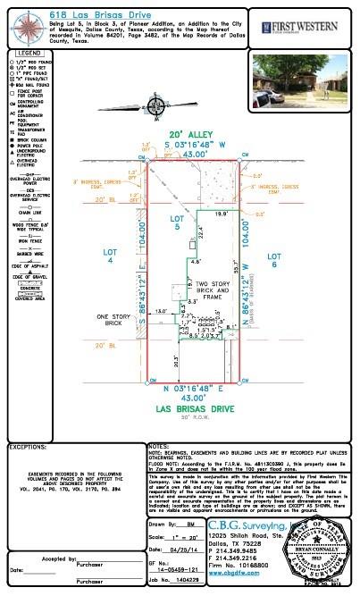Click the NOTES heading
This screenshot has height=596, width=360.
tap(158, 444)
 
